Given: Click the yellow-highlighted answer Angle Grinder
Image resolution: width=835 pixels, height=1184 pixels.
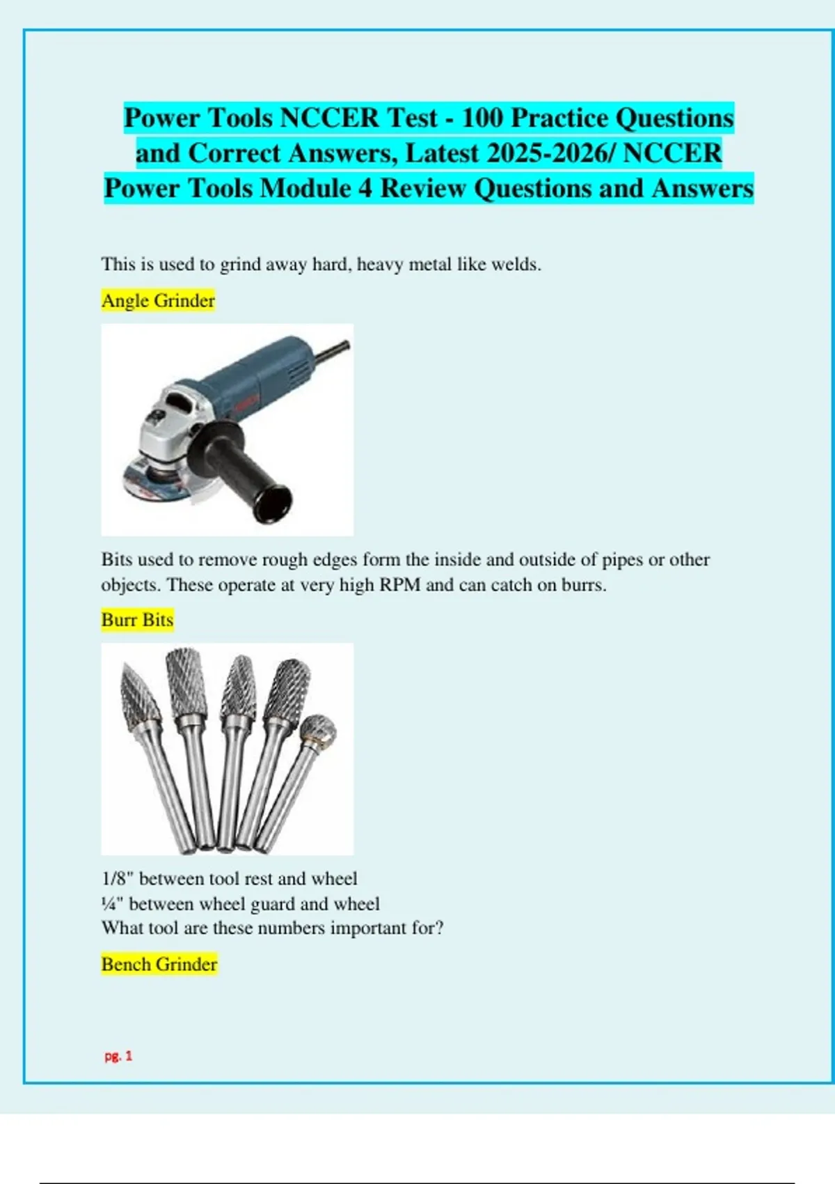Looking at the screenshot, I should click(x=158, y=300).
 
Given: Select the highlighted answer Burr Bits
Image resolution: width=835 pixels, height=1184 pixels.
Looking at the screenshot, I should click(x=137, y=619).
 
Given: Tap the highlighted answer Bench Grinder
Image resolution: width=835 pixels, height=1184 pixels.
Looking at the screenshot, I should click(x=159, y=964).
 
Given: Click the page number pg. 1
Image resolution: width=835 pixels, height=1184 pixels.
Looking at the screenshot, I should click(x=118, y=1056).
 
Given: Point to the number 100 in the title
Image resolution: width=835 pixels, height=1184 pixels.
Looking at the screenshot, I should click(x=482, y=118).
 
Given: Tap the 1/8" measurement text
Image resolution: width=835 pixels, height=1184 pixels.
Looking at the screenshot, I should click(x=118, y=878).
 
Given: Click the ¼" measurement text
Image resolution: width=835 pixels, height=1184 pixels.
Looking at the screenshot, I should click(x=113, y=903).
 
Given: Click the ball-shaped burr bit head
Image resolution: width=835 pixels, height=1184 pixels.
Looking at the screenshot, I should click(x=319, y=730).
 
